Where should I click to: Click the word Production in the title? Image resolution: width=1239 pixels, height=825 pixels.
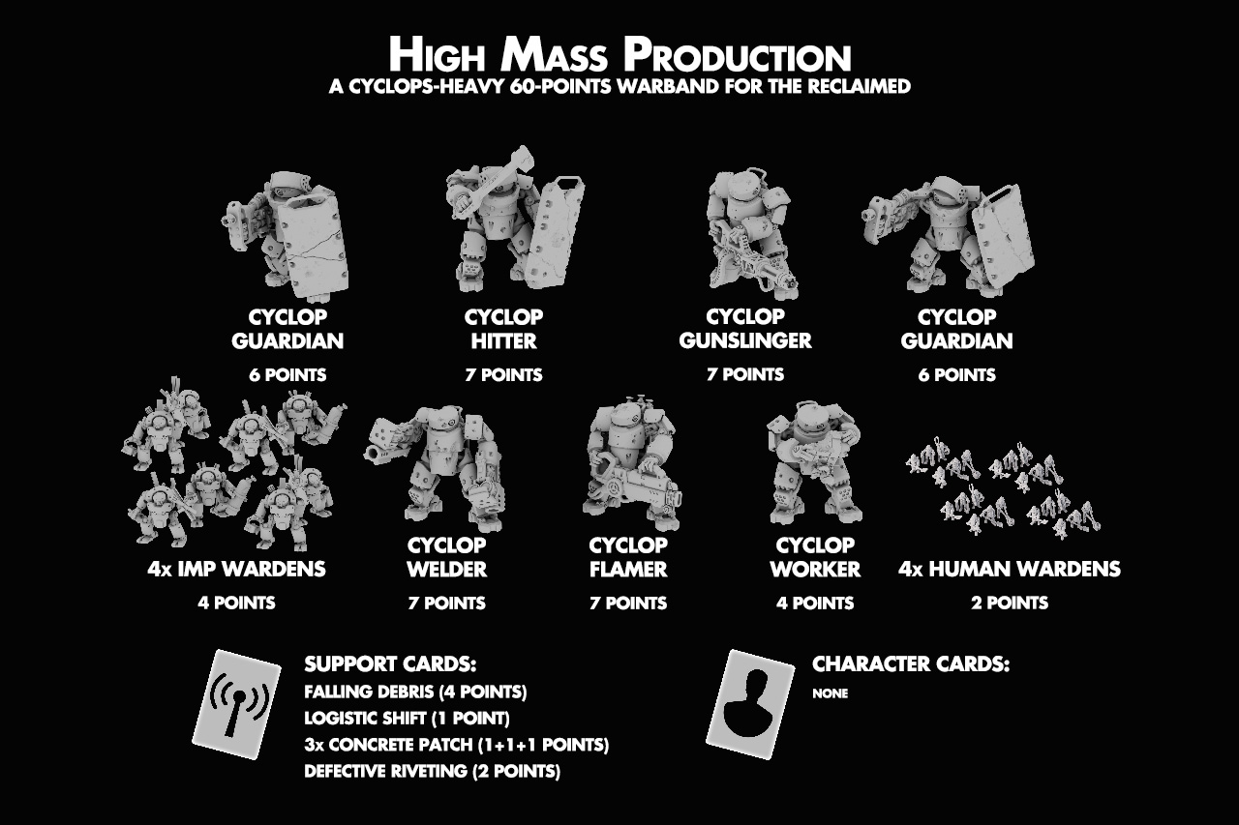click(737, 55)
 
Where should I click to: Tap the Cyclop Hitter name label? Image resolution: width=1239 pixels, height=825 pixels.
click(504, 329)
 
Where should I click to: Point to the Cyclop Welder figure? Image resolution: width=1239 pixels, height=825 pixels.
click(435, 467)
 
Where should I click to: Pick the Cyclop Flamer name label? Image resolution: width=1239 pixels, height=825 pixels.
click(628, 557)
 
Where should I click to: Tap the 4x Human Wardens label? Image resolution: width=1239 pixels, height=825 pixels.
click(1009, 569)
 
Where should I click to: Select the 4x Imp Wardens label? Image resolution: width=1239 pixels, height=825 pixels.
click(236, 569)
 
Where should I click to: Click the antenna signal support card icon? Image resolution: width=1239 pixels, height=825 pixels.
click(236, 704)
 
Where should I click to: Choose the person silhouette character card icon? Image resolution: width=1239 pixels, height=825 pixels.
click(750, 704)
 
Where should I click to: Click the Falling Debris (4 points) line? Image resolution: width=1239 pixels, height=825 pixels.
click(415, 692)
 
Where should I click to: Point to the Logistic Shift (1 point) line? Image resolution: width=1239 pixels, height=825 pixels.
click(407, 719)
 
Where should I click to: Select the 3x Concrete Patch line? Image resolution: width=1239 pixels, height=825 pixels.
click(456, 745)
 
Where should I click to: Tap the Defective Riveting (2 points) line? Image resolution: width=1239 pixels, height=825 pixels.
click(432, 772)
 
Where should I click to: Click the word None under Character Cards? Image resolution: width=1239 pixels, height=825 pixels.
click(830, 693)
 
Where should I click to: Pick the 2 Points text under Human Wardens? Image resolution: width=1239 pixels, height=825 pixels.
click(1010, 603)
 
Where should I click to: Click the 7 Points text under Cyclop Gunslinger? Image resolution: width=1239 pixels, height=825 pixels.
click(745, 374)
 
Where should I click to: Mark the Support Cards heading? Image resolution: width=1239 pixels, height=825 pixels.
click(390, 663)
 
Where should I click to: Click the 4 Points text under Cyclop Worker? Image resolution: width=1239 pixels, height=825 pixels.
click(815, 603)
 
